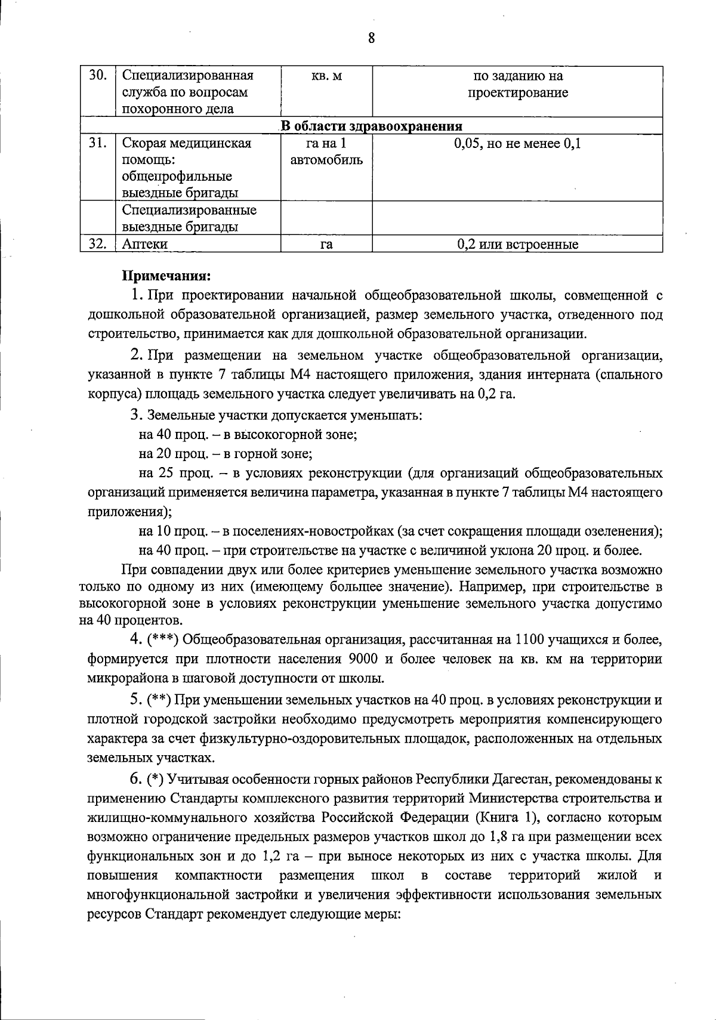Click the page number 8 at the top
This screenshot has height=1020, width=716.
[371, 39]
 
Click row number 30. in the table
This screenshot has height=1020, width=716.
[97, 76]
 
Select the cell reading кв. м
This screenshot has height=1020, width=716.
[326, 76]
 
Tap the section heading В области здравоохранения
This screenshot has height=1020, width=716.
[371, 126]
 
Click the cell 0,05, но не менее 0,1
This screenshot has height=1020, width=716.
[517, 144]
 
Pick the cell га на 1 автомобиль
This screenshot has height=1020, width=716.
[326, 152]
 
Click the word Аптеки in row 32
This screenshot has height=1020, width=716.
[144, 244]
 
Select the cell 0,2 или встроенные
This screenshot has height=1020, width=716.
[517, 244]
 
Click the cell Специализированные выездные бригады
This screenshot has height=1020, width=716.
[189, 218]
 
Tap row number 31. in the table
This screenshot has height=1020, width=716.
[97, 144]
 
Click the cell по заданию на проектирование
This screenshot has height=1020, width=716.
[517, 84]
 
